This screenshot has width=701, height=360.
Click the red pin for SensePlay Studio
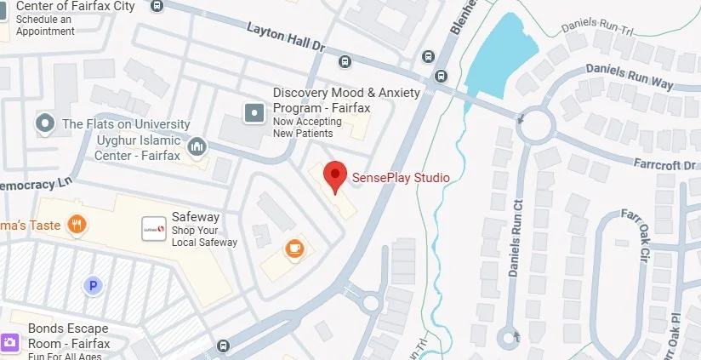pos(336,175)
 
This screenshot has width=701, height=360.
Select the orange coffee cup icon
pos(294,248)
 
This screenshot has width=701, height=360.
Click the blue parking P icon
pos(93,286)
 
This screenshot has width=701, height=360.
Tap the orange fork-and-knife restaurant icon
pos(77,225)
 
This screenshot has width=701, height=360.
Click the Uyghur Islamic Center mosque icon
pos(197,148)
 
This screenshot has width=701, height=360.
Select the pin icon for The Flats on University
pos(45,124)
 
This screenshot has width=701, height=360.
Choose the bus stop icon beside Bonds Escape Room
pos(223,346)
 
